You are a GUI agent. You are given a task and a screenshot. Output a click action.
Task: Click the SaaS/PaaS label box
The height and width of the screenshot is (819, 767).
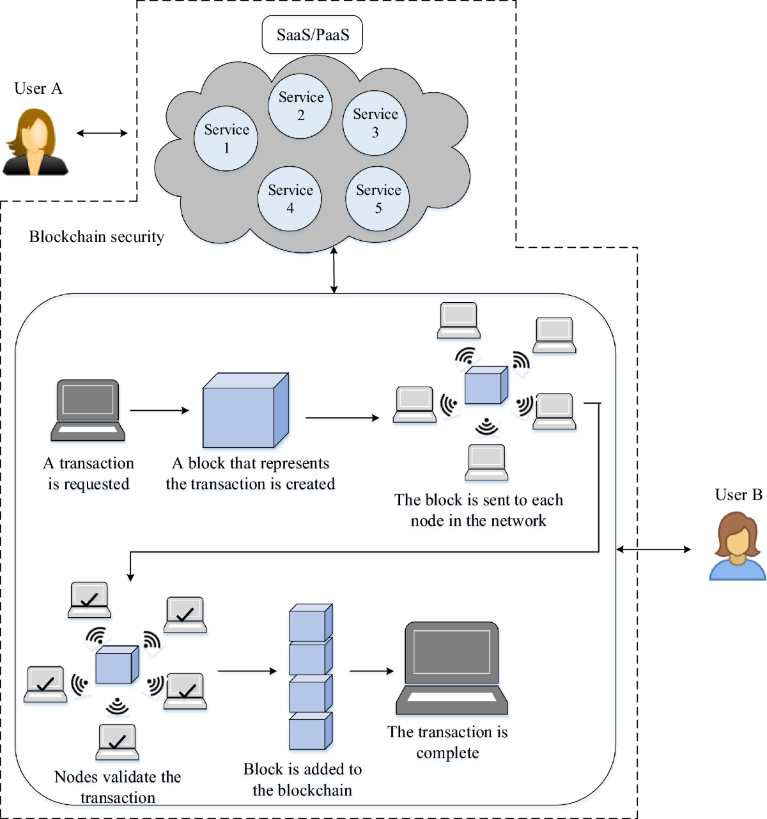pyautogui.click(x=313, y=35)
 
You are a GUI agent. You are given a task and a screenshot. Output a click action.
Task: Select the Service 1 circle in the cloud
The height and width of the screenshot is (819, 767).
pyautogui.click(x=226, y=139)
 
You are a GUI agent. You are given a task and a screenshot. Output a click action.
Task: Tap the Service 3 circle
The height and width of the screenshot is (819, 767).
pyautogui.click(x=375, y=123)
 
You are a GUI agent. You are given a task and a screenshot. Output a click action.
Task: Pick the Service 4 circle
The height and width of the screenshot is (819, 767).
pyautogui.click(x=290, y=199)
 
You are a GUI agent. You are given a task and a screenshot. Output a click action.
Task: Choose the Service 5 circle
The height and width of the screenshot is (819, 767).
pyautogui.click(x=378, y=199)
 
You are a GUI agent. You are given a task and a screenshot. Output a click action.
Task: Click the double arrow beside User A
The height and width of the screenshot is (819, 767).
pyautogui.click(x=102, y=133)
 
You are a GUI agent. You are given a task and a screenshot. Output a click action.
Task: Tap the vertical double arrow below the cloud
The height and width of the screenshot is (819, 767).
pyautogui.click(x=334, y=270)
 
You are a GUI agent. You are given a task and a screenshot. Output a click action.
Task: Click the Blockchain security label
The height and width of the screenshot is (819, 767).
pyautogui.click(x=97, y=237)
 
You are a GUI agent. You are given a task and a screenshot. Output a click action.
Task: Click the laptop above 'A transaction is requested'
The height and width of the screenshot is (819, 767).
pyautogui.click(x=88, y=410)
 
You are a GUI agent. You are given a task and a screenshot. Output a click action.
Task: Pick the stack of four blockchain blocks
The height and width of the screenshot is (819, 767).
pyautogui.click(x=311, y=677)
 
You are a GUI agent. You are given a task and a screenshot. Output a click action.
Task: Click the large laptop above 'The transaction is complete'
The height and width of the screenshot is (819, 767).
pyautogui.click(x=451, y=668)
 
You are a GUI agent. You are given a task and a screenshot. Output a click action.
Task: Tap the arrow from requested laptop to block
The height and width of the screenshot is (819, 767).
pyautogui.click(x=160, y=410)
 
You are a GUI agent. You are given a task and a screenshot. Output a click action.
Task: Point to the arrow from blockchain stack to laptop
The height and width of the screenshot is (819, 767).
pyautogui.click(x=371, y=671)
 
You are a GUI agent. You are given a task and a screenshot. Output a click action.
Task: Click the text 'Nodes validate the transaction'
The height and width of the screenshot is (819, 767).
pyautogui.click(x=118, y=787)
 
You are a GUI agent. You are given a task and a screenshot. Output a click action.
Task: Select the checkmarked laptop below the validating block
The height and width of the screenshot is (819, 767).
pyautogui.click(x=117, y=742)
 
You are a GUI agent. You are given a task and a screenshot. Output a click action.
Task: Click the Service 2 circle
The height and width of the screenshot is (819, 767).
pyautogui.click(x=300, y=106)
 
